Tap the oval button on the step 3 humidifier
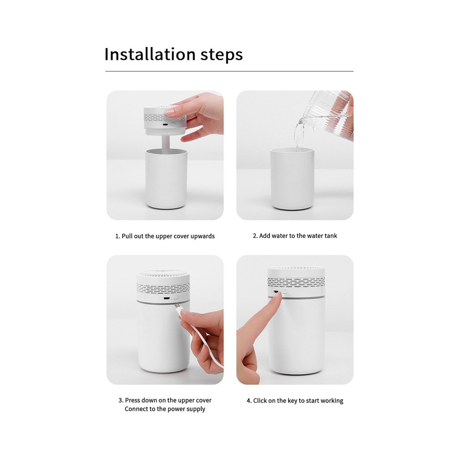(x=176, y=298)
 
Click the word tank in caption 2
(x=331, y=236)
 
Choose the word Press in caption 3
(x=133, y=400)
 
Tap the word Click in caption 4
(x=260, y=400)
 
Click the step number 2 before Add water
(x=255, y=236)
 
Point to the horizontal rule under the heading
(x=229, y=71)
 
